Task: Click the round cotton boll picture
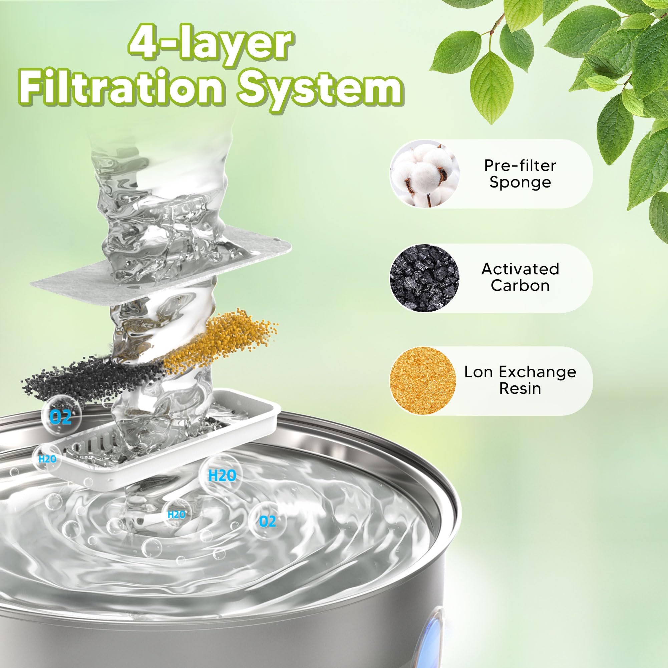click(x=424, y=174)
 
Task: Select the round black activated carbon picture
click(x=424, y=278)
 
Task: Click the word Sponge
click(x=520, y=182)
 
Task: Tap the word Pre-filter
click(x=520, y=165)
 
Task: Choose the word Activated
click(x=520, y=269)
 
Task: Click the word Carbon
click(x=520, y=286)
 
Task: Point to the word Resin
click(x=520, y=388)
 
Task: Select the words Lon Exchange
click(x=520, y=372)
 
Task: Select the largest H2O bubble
click(x=222, y=476)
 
